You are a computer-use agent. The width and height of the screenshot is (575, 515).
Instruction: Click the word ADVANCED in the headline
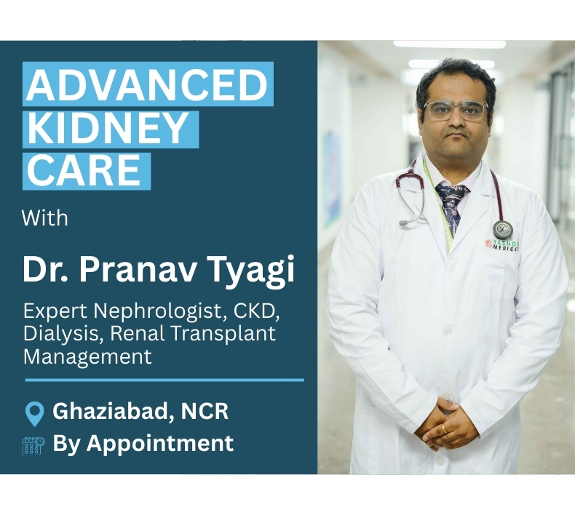tap(147, 84)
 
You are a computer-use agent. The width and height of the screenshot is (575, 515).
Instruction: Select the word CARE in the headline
tap(84, 170)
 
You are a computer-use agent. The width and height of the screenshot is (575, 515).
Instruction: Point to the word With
tap(45, 218)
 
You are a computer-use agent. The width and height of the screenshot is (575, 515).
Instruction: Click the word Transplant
tap(223, 335)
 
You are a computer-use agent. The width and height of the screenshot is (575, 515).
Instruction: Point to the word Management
tap(87, 356)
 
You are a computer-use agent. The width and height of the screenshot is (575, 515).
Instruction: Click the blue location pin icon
tap(34, 414)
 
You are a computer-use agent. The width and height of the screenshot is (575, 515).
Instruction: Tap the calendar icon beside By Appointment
tap(33, 445)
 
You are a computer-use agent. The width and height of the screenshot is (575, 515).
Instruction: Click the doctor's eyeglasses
tap(456, 111)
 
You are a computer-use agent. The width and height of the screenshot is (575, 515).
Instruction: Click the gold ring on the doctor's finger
tap(445, 428)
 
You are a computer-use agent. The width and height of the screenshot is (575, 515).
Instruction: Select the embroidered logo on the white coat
tap(502, 245)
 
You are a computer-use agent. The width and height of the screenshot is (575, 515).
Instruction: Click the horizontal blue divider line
tap(164, 380)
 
